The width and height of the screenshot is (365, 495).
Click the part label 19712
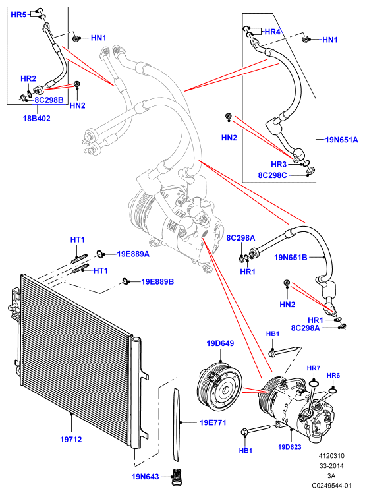coord(71,439)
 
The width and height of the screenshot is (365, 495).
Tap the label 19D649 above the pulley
coord(220,343)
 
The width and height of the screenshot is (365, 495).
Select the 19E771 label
coord(213,422)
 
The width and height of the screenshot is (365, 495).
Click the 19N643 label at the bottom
coord(145,477)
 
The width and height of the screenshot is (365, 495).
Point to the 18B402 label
coord(37,119)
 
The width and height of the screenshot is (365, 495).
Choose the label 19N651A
coord(342,140)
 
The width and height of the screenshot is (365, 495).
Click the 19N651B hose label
coord(291,257)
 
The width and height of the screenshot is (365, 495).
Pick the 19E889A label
coord(133,254)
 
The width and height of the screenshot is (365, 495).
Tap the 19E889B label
coord(157,281)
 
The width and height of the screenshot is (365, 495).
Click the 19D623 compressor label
coord(290,447)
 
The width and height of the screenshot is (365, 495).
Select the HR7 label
coord(314,368)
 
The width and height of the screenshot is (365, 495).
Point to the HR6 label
coord(333,375)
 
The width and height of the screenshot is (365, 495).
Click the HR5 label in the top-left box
coord(18,15)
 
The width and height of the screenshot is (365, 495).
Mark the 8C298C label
coord(273,175)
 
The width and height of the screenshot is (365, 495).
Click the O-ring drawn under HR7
coord(314,384)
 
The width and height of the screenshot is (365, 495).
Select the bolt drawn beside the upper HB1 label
coord(283,351)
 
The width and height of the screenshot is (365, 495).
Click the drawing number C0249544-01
coord(331,486)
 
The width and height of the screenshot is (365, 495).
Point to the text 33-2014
coord(331,465)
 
